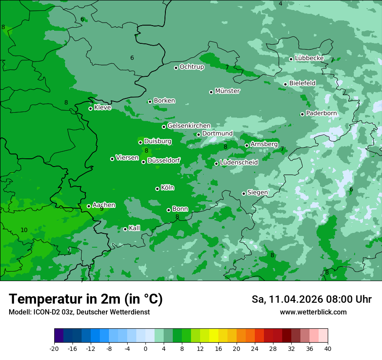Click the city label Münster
(227, 91)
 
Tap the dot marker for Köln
(157, 189)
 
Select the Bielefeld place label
(302, 83)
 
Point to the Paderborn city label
(321, 113)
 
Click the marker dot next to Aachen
(89, 206)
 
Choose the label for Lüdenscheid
(239, 163)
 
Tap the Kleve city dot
(90, 108)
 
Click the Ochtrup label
(191, 67)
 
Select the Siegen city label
(257, 193)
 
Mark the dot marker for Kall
(125, 229)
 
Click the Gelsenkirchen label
(189, 126)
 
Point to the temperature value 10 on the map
(24, 230)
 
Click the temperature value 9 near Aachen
(102, 209)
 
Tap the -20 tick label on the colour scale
(54, 348)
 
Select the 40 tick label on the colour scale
(327, 348)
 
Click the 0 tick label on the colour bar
(145, 348)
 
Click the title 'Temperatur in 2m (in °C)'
(86, 299)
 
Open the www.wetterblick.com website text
(313, 312)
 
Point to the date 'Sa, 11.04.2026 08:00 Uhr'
(311, 299)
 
